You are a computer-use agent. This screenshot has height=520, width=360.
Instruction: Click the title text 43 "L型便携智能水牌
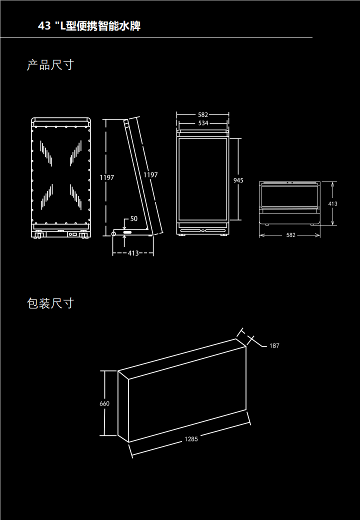[89, 26]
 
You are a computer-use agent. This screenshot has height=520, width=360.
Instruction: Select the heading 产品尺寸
[50, 65]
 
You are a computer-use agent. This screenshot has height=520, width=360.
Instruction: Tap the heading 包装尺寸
[50, 303]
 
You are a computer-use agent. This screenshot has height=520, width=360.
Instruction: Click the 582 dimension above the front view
[202, 115]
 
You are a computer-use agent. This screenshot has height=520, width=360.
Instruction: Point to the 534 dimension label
[203, 123]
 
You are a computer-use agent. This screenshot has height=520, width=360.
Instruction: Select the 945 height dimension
[238, 180]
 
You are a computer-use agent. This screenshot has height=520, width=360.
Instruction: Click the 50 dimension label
[133, 219]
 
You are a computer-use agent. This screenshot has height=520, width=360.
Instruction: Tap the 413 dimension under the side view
[133, 253]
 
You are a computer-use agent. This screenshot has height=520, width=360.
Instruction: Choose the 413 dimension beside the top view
[333, 204]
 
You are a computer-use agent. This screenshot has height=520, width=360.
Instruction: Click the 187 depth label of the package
[274, 345]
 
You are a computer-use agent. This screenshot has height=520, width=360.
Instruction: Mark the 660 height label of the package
[104, 403]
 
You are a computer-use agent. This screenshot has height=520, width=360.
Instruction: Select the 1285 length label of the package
[191, 439]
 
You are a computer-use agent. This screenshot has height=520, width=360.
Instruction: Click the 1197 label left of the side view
[106, 177]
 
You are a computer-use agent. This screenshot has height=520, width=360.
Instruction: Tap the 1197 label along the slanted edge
[150, 175]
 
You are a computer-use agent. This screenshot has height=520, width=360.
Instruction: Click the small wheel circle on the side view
[113, 234]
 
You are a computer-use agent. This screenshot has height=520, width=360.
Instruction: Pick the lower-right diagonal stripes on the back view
[76, 196]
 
